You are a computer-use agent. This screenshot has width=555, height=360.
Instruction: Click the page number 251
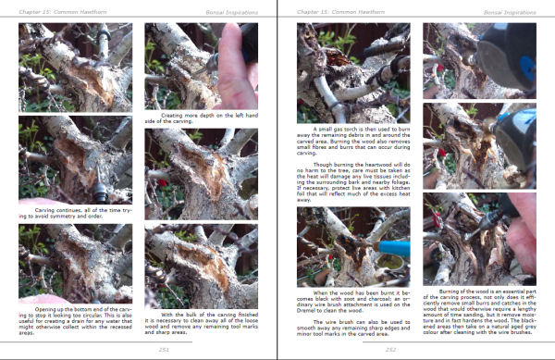click(x=139, y=349)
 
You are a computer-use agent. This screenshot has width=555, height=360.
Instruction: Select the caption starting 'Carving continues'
click(x=75, y=214)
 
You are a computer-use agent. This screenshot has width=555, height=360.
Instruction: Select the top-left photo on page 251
click(x=75, y=67)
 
